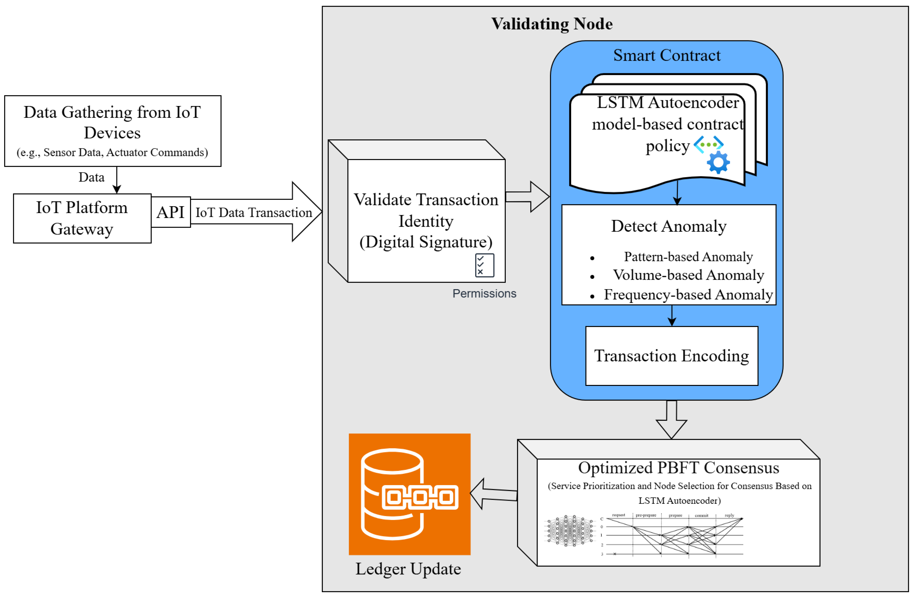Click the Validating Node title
tap(552, 24)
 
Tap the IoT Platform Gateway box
tap(82, 218)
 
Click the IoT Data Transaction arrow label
tap(254, 212)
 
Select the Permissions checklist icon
tap(484, 265)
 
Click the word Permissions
tap(484, 294)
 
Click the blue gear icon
tap(718, 162)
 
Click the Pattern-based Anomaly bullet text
tap(688, 257)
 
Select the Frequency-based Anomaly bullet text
tap(688, 295)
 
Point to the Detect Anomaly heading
tap(668, 226)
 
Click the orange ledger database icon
tap(409, 494)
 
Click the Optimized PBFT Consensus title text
tap(678, 468)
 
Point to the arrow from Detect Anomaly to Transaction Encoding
tap(672, 316)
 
